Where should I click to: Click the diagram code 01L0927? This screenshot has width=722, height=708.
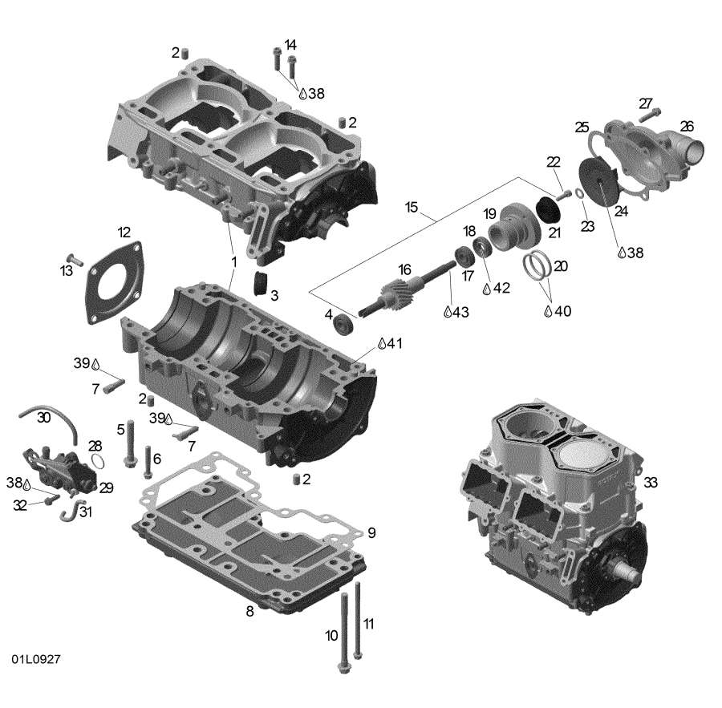(x=36, y=658)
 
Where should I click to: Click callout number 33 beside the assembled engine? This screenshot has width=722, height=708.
(x=650, y=482)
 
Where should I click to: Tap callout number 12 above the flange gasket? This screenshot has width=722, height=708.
(x=124, y=233)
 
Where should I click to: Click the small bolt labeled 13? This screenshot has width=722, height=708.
(x=74, y=259)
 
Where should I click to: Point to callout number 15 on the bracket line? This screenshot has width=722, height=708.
(x=412, y=208)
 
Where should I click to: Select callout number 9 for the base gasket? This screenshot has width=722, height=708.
(x=371, y=532)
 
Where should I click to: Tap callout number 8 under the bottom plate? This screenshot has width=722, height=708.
(x=249, y=612)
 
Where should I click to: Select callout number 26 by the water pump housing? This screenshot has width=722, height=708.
(x=687, y=126)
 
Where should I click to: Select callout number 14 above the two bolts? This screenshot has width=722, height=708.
(x=290, y=44)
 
